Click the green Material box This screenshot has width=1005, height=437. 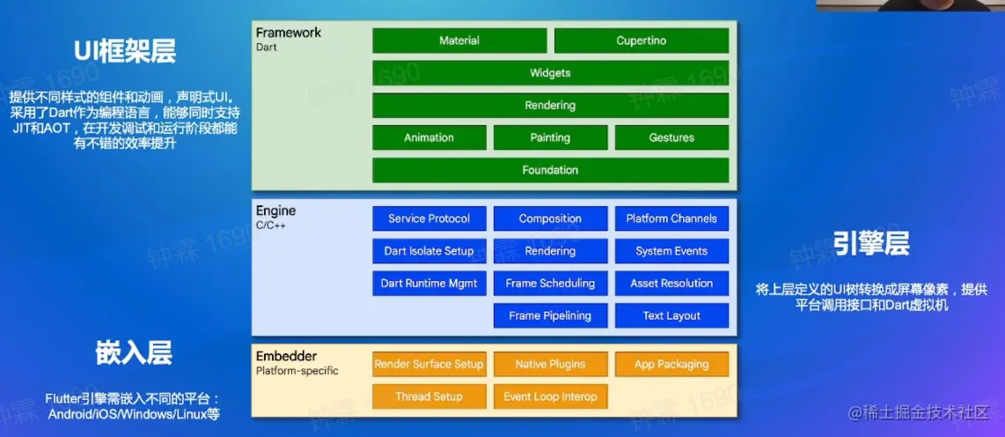(x=459, y=41)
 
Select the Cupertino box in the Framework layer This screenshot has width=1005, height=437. (x=642, y=41)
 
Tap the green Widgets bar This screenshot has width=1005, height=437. (x=551, y=73)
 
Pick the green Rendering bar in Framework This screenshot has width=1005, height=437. (x=551, y=105)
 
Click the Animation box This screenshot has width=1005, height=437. (x=429, y=138)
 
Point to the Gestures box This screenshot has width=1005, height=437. (x=671, y=138)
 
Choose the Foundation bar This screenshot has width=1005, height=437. (x=551, y=170)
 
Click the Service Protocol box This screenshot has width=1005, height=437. (x=429, y=218)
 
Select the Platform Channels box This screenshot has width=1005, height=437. (x=671, y=218)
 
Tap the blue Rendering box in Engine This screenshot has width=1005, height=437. (x=551, y=251)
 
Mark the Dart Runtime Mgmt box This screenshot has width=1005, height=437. (x=429, y=283)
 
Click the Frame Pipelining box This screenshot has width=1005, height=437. (x=551, y=315)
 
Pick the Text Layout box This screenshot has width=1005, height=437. (x=671, y=315)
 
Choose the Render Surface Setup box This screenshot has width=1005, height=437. (x=429, y=365)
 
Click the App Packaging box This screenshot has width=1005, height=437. (x=671, y=365)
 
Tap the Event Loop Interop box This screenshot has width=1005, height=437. (x=551, y=396)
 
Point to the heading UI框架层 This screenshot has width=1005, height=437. (x=124, y=51)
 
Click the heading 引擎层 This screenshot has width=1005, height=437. (x=872, y=244)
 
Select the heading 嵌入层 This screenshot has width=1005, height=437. (x=134, y=353)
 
